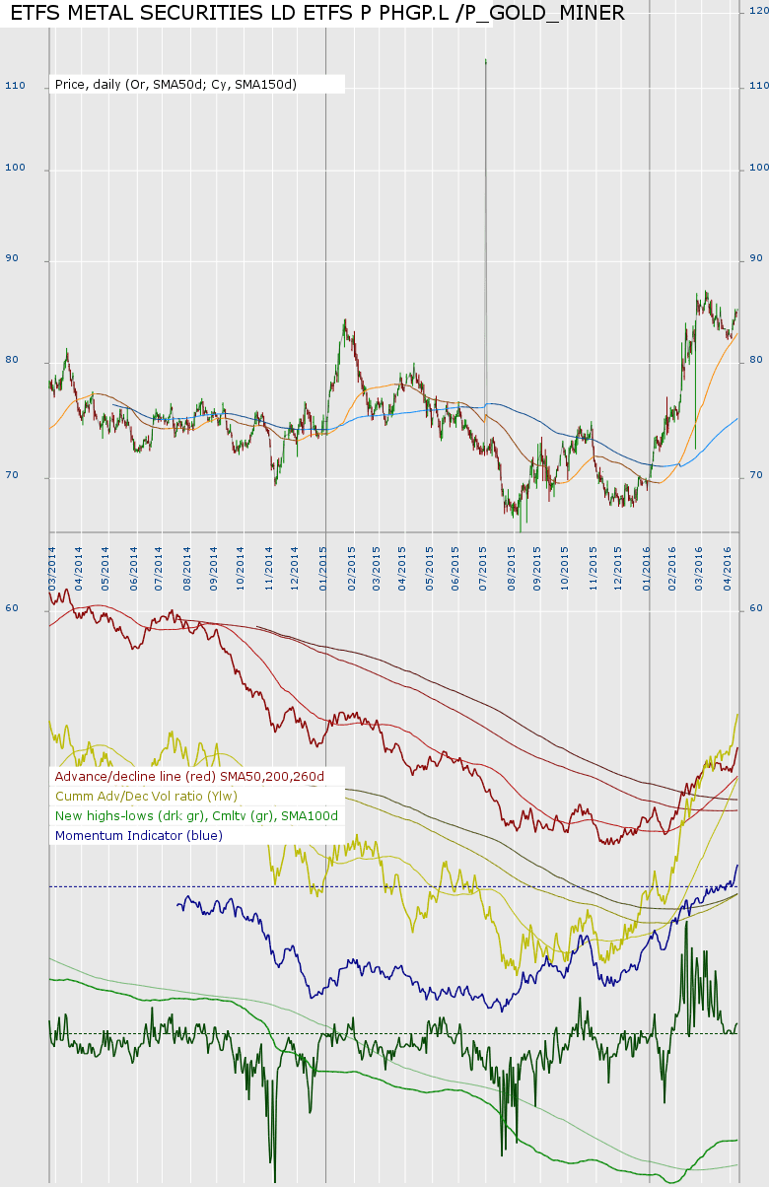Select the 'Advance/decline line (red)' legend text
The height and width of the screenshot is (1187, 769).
(x=189, y=777)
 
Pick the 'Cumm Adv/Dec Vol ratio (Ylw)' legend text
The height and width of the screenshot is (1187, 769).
(x=146, y=796)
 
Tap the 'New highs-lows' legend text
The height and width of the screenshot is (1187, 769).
(x=196, y=815)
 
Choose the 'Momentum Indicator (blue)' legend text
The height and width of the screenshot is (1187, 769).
(x=139, y=835)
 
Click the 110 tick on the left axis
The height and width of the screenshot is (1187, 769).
(x=15, y=87)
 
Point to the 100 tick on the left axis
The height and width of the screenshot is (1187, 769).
(x=15, y=170)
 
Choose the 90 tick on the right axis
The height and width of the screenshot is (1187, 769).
(x=756, y=259)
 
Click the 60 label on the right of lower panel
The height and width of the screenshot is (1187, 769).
(x=756, y=608)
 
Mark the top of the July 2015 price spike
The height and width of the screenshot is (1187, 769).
(x=486, y=61)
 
